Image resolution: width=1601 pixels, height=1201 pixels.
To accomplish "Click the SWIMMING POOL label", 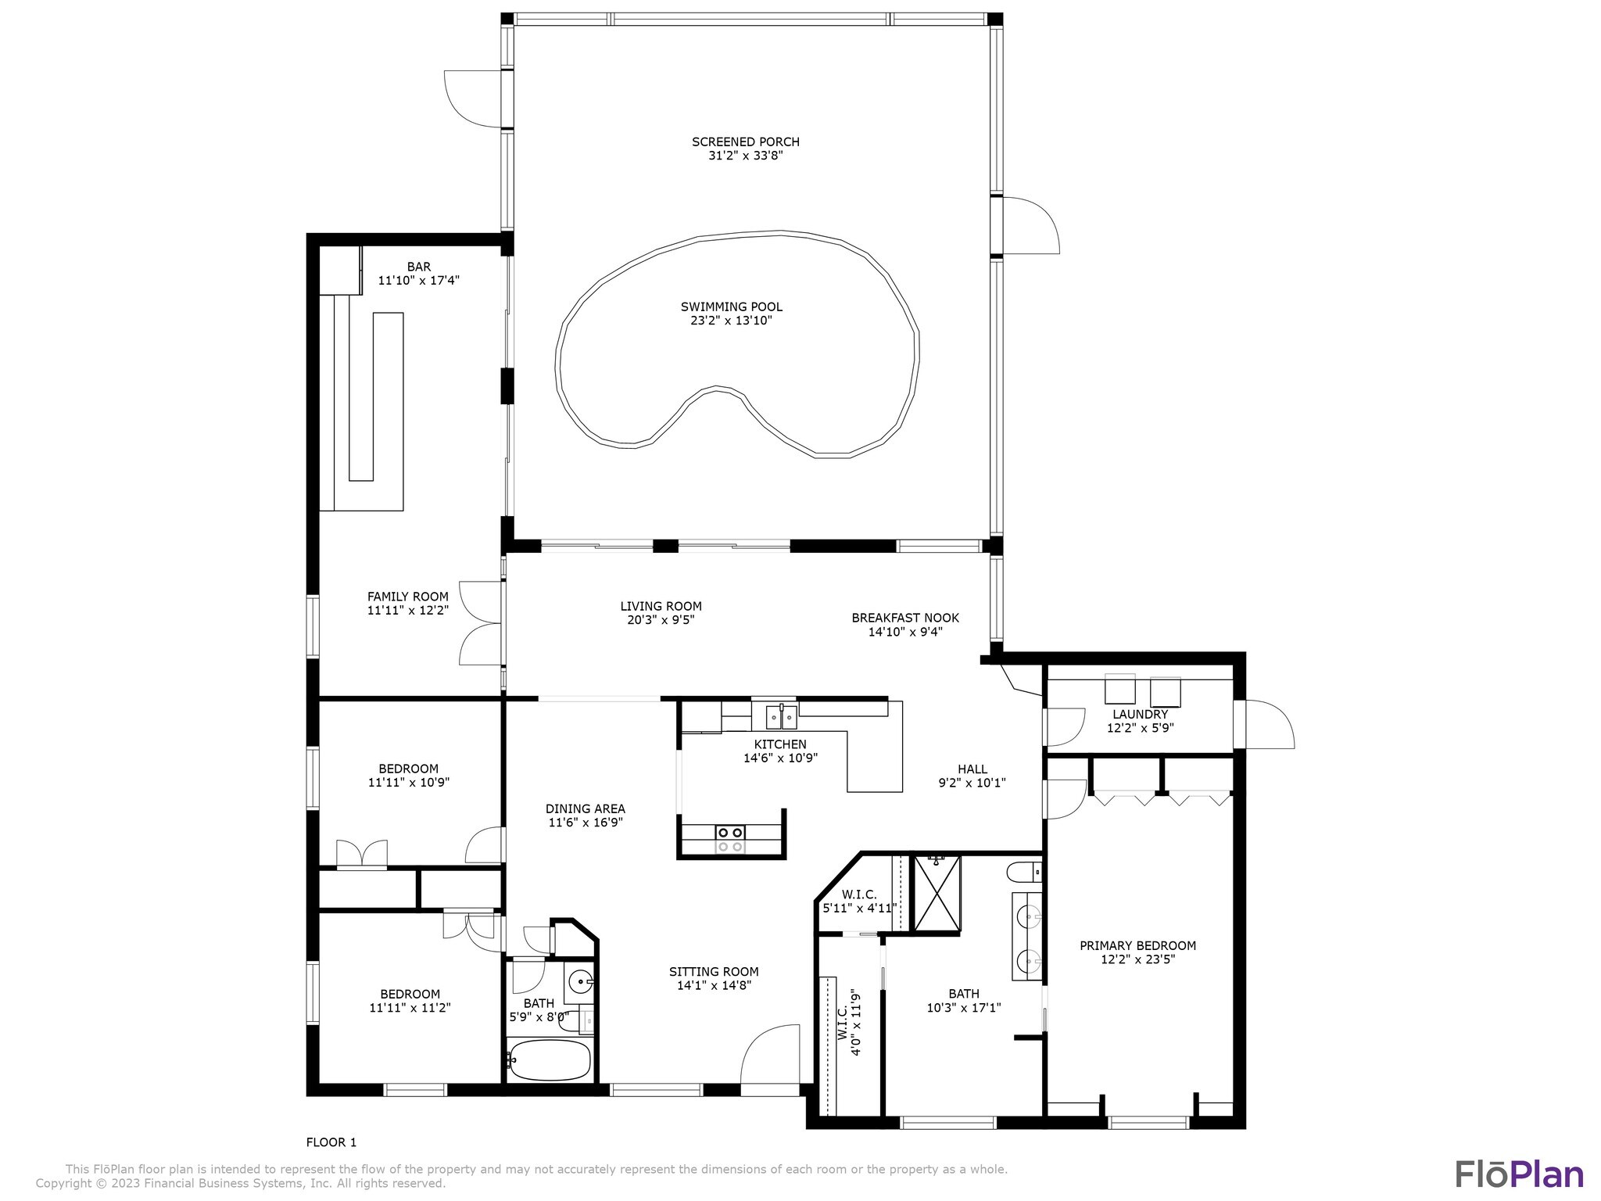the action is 731,307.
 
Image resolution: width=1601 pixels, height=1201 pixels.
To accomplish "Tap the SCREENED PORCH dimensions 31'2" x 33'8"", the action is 745,156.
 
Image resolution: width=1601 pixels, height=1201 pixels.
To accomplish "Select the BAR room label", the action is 419,267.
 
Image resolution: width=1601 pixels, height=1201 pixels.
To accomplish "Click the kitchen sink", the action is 782,715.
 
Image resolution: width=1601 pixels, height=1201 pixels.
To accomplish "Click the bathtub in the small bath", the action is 549,1059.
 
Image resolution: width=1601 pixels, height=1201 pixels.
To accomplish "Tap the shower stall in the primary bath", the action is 937,894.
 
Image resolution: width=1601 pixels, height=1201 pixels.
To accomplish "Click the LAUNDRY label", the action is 1140,714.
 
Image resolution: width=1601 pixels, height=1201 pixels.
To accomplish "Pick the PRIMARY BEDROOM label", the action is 1137,945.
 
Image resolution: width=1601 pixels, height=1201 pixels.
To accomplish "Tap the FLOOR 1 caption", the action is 331,1142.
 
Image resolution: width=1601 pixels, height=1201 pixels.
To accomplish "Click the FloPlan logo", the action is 1519,1174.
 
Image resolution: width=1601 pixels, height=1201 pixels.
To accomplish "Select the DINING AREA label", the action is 586,809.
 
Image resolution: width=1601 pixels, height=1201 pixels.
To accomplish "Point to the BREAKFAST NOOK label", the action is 905,618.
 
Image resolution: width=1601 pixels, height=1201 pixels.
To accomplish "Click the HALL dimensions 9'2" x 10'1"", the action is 972,783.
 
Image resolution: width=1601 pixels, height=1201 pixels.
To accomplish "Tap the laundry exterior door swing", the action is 1270,724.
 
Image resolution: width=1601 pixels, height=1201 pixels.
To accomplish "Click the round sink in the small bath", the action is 580,981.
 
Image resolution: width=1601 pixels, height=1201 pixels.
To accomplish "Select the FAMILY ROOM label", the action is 408,597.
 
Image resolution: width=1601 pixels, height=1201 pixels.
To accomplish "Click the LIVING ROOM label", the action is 661,606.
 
